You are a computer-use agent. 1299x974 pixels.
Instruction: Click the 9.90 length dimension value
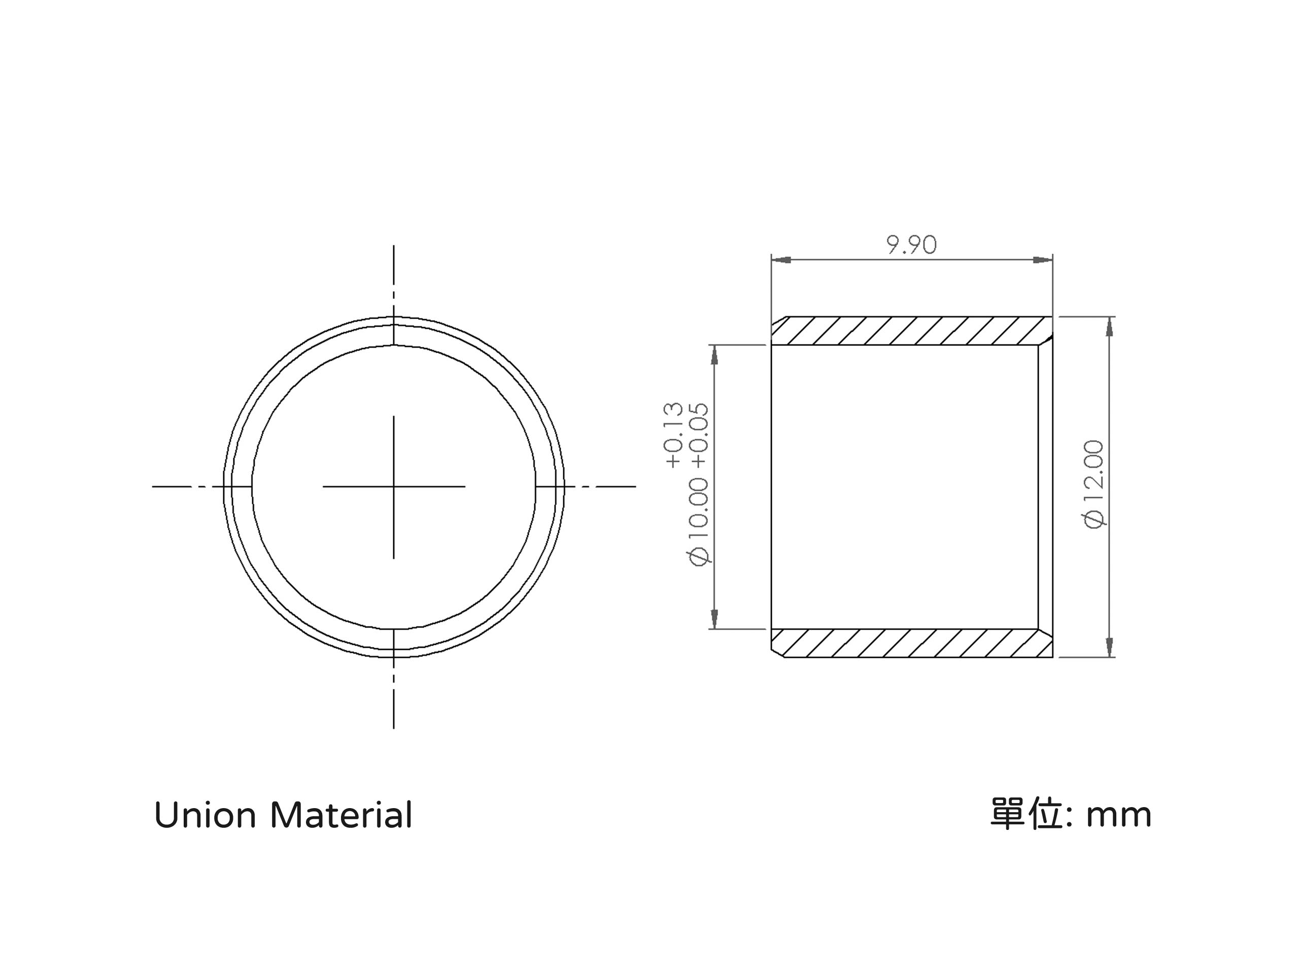[x=911, y=245]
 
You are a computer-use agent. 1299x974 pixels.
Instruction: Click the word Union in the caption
[x=205, y=816]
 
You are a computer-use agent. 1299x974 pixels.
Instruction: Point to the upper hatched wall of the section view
[x=911, y=331]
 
